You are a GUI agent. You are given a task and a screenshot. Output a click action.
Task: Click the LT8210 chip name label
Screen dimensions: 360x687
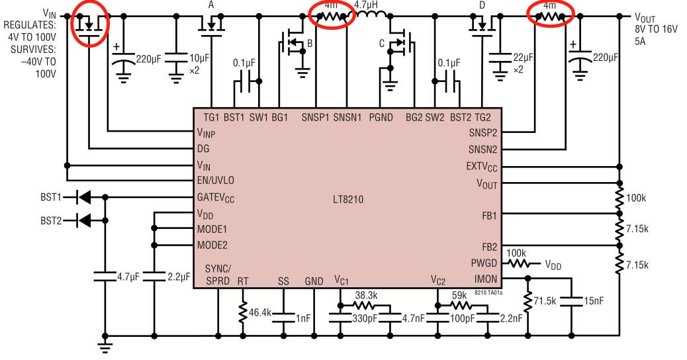click(349, 199)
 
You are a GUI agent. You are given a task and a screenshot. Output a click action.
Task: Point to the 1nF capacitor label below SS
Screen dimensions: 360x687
click(302, 318)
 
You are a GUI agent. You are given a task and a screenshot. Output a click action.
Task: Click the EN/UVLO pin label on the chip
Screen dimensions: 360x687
click(215, 180)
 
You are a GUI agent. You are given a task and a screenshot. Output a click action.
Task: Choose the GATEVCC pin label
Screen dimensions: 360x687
click(215, 197)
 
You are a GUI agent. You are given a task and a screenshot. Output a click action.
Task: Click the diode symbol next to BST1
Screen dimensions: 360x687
click(82, 197)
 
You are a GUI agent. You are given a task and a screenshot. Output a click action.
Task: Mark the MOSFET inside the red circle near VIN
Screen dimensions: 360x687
click(89, 25)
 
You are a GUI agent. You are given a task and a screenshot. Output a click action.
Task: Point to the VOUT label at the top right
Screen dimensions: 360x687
click(646, 17)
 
